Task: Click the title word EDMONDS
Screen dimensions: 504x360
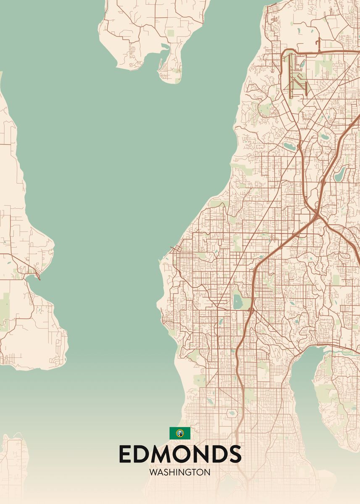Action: tap(180, 454)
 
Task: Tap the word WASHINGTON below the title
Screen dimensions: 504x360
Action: tap(180, 472)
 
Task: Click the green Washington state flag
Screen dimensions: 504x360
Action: tap(180, 433)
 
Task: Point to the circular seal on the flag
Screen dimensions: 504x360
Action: tap(180, 433)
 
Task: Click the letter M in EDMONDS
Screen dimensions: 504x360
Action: tap(163, 454)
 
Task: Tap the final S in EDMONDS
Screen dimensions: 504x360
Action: tap(234, 454)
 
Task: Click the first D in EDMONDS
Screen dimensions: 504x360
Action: tap(143, 454)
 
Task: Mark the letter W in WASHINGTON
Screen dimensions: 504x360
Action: tap(153, 472)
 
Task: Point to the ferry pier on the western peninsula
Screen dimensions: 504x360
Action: tap(38, 278)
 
